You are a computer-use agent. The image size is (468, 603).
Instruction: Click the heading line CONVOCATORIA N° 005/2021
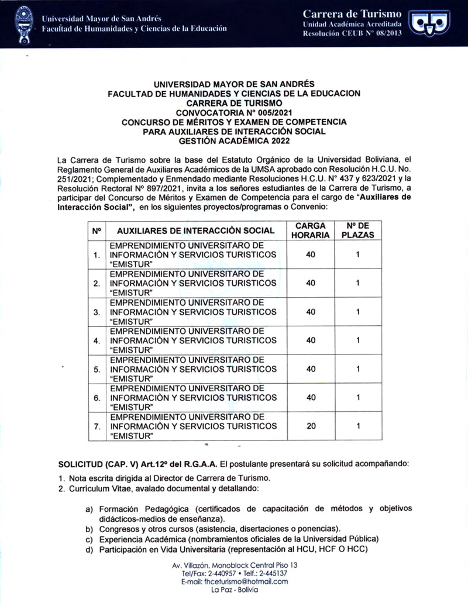click(x=234, y=112)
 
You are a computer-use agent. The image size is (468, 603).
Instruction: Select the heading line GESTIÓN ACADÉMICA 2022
click(x=234, y=140)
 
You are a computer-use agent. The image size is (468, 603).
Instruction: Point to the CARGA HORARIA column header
click(x=311, y=230)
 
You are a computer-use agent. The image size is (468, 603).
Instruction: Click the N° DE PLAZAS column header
click(x=357, y=230)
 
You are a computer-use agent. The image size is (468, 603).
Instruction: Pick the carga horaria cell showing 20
click(x=311, y=426)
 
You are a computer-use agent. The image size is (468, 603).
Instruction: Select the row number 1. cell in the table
click(x=96, y=254)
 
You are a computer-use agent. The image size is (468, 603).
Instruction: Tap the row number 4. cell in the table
click(x=96, y=340)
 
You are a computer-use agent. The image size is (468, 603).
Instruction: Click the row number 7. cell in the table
click(x=96, y=426)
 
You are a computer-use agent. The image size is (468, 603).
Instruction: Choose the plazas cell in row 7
click(x=357, y=426)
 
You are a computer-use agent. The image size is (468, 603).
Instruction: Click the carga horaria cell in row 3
click(x=311, y=311)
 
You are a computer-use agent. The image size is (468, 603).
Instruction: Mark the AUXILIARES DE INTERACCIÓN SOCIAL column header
click(x=191, y=231)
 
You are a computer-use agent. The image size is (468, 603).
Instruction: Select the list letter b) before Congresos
click(x=90, y=528)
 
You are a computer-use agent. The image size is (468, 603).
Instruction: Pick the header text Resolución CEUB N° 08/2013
click(x=352, y=34)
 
